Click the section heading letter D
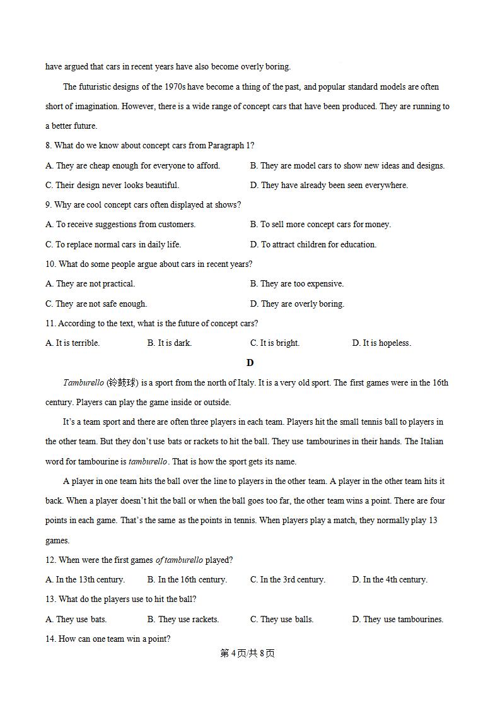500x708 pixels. tap(250, 363)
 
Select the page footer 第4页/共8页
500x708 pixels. tap(247, 653)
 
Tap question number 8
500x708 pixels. tap(49, 146)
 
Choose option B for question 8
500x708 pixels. tap(347, 166)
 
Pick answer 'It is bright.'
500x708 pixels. tap(275, 343)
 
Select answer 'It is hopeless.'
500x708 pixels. tap(381, 343)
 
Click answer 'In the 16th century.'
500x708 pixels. tap(187, 579)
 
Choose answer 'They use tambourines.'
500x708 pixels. tap(397, 619)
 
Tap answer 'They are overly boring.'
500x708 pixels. tap(297, 304)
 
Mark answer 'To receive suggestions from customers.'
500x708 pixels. tap(120, 225)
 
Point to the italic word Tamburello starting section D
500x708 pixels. tap(83, 383)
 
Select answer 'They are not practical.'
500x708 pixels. tap(90, 284)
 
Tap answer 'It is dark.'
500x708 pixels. tap(170, 343)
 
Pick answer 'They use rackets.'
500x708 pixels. tap(183, 619)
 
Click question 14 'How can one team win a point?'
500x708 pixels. tap(108, 639)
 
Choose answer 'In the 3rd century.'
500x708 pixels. tap(288, 579)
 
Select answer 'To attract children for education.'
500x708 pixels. tap(313, 245)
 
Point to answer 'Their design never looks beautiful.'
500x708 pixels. tap(112, 186)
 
